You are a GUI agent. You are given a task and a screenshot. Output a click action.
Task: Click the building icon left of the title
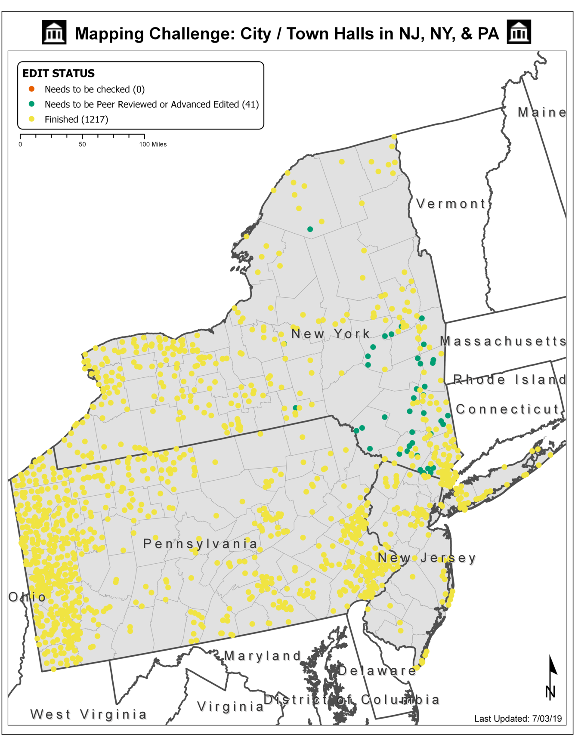click(54, 32)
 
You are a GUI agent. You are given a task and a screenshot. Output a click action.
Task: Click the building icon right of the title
click(519, 32)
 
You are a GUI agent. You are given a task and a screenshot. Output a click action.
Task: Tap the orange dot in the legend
click(31, 89)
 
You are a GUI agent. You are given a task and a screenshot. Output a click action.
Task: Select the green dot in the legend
click(31, 104)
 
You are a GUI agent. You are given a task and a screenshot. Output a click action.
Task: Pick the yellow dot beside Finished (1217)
click(31, 119)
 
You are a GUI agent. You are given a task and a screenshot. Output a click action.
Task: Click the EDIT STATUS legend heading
click(59, 74)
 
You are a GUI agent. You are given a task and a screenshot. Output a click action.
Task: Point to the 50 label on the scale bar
click(82, 145)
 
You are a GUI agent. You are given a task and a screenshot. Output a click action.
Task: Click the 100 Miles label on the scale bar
click(153, 145)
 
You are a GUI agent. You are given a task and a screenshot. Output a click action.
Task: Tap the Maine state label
click(541, 112)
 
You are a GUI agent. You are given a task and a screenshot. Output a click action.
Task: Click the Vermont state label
click(451, 204)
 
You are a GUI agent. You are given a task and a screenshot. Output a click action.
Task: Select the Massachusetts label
click(503, 341)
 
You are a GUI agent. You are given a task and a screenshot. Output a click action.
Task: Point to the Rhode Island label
click(510, 380)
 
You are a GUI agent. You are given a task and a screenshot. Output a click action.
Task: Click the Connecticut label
click(507, 409)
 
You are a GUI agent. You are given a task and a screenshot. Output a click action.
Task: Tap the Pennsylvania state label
click(200, 544)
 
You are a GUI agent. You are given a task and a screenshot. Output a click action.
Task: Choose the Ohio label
click(27, 597)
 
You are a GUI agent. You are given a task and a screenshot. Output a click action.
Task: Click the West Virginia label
click(89, 714)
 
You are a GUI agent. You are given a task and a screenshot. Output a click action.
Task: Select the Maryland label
click(263, 656)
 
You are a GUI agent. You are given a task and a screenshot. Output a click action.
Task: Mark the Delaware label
click(377, 670)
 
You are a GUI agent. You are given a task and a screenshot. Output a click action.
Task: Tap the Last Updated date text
click(518, 719)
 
